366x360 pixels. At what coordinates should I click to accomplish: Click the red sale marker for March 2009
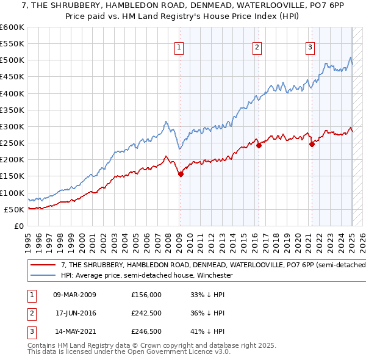click(x=181, y=174)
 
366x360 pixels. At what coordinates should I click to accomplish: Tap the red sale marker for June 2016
click(x=259, y=145)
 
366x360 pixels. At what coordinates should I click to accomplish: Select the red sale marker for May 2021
click(x=312, y=144)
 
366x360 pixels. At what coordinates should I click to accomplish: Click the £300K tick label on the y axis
click(x=12, y=126)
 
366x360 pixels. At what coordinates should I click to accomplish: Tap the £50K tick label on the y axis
click(x=14, y=209)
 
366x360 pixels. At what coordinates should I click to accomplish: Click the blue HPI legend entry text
click(x=147, y=276)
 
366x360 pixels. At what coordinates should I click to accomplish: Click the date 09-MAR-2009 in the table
click(x=74, y=294)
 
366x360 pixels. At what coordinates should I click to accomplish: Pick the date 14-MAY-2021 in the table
click(x=74, y=332)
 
